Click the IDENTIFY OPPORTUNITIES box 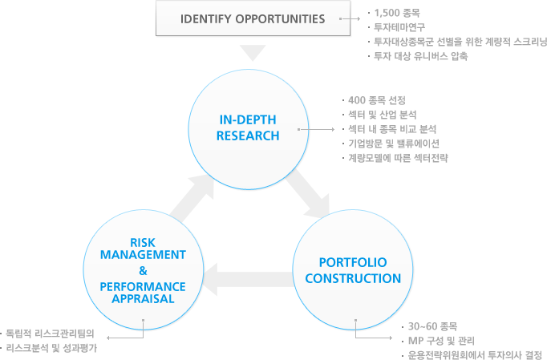(x=253, y=18)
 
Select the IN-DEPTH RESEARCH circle (x=248, y=127)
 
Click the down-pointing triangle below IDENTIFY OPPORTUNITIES (x=253, y=53)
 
